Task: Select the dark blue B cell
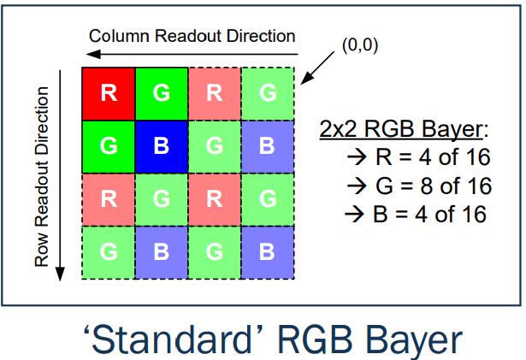[161, 146]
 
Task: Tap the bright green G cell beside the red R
[161, 93]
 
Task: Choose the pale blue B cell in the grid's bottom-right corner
[267, 252]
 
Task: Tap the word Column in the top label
[117, 36]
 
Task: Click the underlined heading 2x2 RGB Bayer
[402, 130]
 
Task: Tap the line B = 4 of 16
[413, 212]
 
